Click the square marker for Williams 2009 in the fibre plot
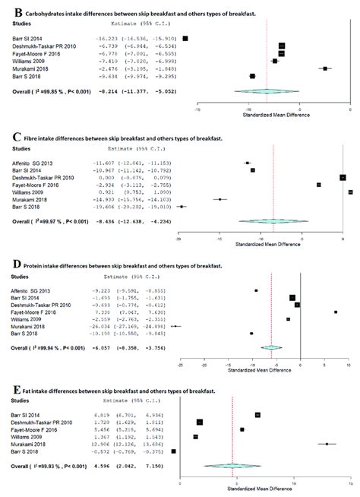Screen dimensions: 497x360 [350, 192]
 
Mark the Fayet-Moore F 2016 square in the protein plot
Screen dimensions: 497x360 [336, 312]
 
